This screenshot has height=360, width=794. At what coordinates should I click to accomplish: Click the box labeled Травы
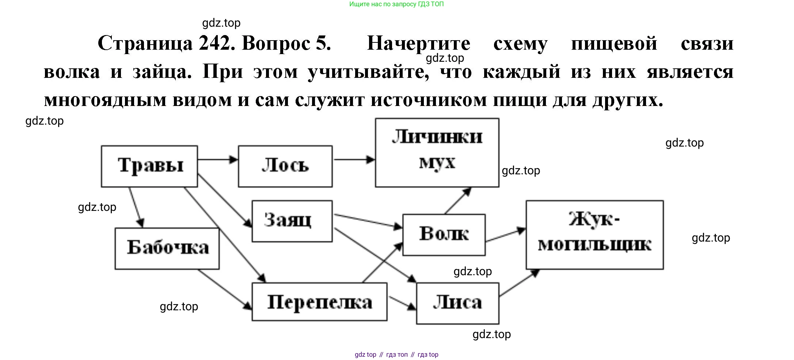(149, 166)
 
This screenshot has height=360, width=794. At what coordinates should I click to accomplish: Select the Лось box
(285, 166)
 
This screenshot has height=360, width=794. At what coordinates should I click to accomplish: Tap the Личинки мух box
(437, 152)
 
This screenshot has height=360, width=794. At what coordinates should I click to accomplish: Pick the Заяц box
(292, 221)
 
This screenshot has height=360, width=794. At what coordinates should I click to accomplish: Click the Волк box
(444, 235)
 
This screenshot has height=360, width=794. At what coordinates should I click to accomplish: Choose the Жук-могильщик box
(594, 235)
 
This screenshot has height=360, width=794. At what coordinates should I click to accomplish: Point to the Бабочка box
(167, 249)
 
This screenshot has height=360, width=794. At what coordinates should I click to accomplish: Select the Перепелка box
(319, 302)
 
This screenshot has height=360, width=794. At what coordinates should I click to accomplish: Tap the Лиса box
(457, 303)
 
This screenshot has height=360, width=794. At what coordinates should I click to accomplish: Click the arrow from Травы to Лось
(218, 159)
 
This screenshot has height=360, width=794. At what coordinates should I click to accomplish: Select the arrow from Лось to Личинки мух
(354, 159)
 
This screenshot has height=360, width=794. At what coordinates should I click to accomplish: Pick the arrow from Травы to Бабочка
(136, 207)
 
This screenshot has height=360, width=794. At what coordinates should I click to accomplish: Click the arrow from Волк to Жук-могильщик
(505, 235)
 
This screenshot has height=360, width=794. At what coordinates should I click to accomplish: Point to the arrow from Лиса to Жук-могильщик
(519, 283)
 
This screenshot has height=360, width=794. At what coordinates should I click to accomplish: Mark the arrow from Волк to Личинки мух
(457, 200)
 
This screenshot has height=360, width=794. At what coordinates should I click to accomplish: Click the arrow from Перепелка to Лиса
(402, 303)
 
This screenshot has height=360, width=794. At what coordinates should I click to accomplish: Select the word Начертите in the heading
(418, 44)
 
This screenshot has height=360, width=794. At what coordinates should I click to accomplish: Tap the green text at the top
(396, 4)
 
